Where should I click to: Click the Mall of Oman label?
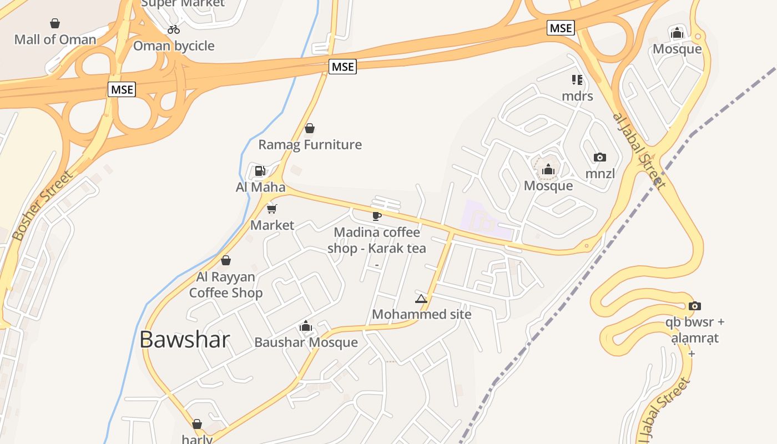tap(55, 39)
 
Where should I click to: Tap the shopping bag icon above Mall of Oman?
tap(55, 23)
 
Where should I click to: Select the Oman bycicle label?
tap(174, 46)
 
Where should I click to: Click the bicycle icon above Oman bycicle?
tap(174, 29)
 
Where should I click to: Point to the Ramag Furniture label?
tap(310, 145)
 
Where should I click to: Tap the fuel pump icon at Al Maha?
tap(260, 171)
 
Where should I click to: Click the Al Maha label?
tap(260, 187)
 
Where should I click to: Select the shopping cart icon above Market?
tap(272, 209)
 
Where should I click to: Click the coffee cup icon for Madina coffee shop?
tap(377, 216)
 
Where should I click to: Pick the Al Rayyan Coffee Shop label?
tap(226, 285)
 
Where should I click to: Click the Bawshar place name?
tap(184, 340)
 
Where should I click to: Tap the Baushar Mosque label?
tap(306, 342)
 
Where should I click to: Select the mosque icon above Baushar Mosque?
tap(306, 326)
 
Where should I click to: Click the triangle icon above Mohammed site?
tap(421, 299)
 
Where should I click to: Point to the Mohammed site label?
tap(421, 315)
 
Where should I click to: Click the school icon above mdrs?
tap(577, 80)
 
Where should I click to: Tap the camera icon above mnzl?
tap(600, 158)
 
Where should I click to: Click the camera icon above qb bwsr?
tap(694, 306)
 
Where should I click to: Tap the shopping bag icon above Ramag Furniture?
tap(310, 129)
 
